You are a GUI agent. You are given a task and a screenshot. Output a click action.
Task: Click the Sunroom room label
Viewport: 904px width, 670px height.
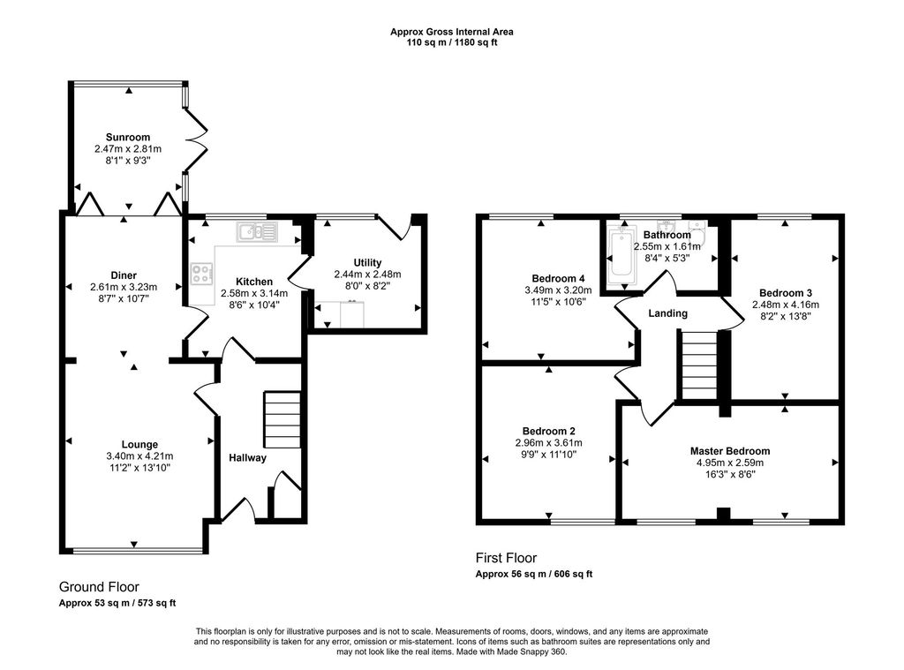[x=128, y=137]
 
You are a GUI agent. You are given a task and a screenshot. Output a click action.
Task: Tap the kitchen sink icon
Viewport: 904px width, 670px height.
[x=256, y=232]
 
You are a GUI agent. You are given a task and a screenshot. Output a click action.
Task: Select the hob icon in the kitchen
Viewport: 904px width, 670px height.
[x=201, y=275]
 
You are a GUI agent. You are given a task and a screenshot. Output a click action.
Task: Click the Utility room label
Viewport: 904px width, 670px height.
[x=367, y=262]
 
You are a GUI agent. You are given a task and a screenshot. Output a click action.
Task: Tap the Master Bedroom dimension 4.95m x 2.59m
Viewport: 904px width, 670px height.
[x=729, y=462]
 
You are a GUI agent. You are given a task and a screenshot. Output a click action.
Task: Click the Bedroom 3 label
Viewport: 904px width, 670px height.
[x=785, y=293]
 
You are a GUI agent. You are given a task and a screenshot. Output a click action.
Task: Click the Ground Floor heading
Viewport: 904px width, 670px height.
[x=99, y=587]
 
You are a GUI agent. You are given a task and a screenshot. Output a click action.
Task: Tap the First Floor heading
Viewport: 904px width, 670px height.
[x=506, y=558]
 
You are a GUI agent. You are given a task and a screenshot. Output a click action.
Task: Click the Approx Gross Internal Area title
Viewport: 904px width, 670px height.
[x=452, y=32]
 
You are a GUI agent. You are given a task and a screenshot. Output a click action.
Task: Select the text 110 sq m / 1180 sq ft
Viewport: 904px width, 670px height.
[x=452, y=42]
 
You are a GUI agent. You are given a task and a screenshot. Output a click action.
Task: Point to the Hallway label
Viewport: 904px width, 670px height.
[x=247, y=457]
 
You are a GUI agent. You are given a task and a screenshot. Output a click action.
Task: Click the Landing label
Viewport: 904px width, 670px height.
[x=667, y=313]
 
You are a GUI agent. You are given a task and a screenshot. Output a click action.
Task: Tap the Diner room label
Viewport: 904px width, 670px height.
[x=124, y=275]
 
